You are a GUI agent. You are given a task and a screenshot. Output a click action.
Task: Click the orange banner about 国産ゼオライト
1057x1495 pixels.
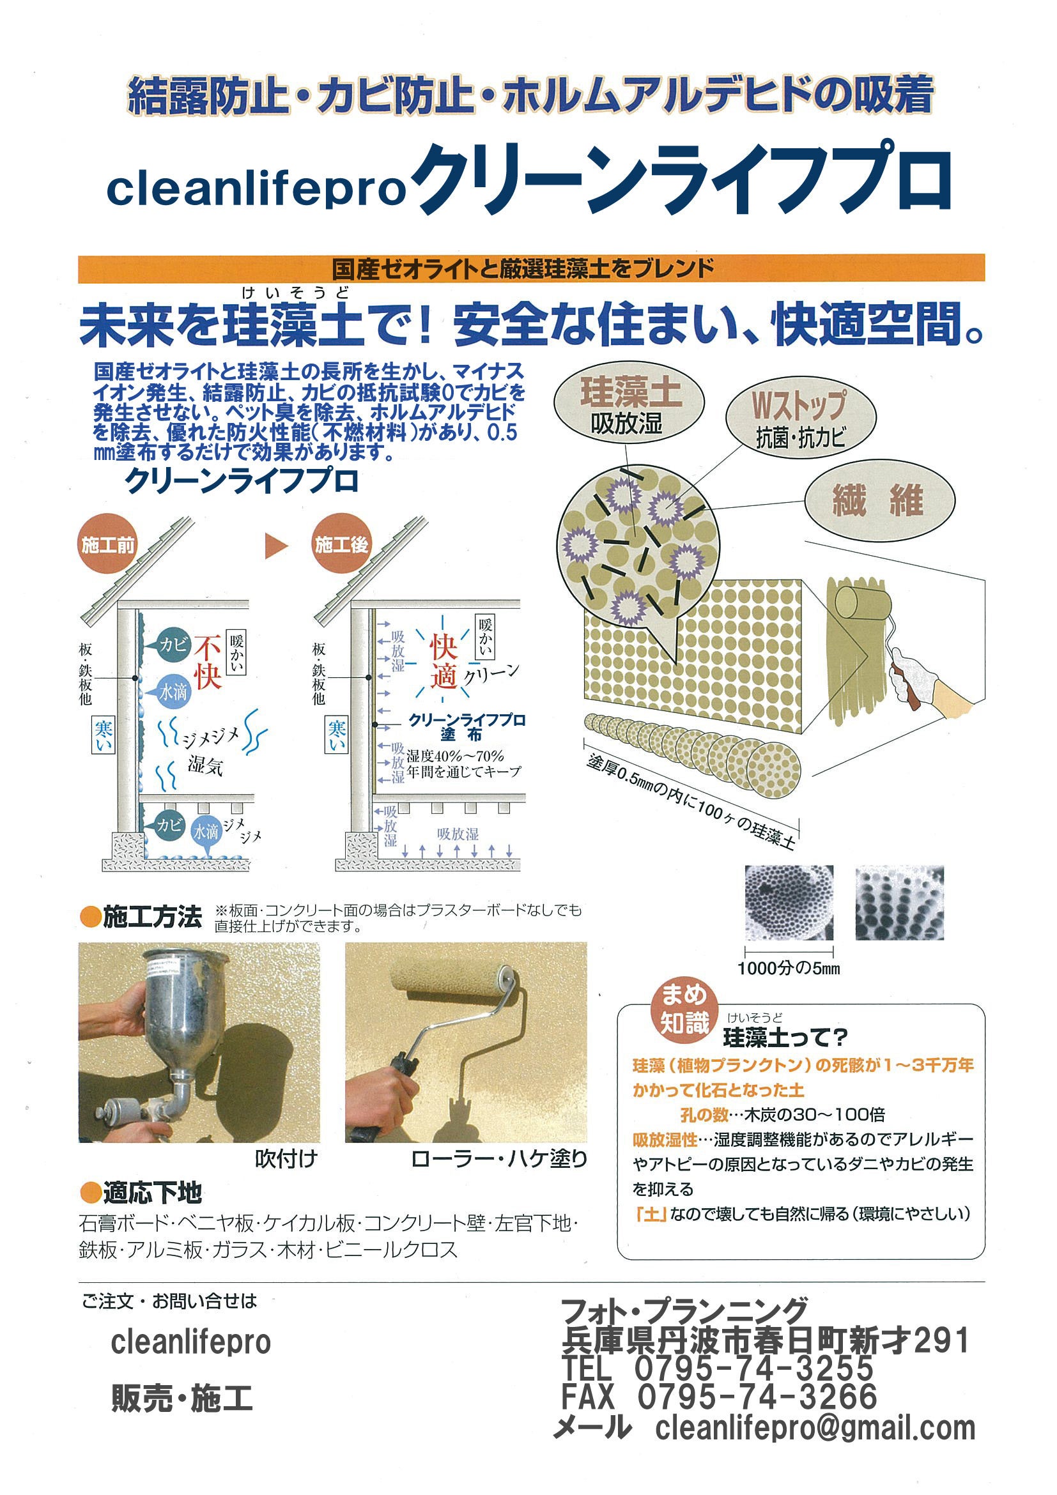[x=531, y=268]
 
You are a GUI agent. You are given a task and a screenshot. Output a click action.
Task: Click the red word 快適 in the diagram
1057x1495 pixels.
[x=444, y=662]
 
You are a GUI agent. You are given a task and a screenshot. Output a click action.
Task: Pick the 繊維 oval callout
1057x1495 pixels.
[x=880, y=501]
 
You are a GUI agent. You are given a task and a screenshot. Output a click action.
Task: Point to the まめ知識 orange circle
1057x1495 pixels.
[x=684, y=1011]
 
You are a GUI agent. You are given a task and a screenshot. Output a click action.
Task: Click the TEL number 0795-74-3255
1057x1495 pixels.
[x=754, y=1368]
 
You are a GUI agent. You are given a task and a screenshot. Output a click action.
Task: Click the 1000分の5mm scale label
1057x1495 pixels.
[x=789, y=968]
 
